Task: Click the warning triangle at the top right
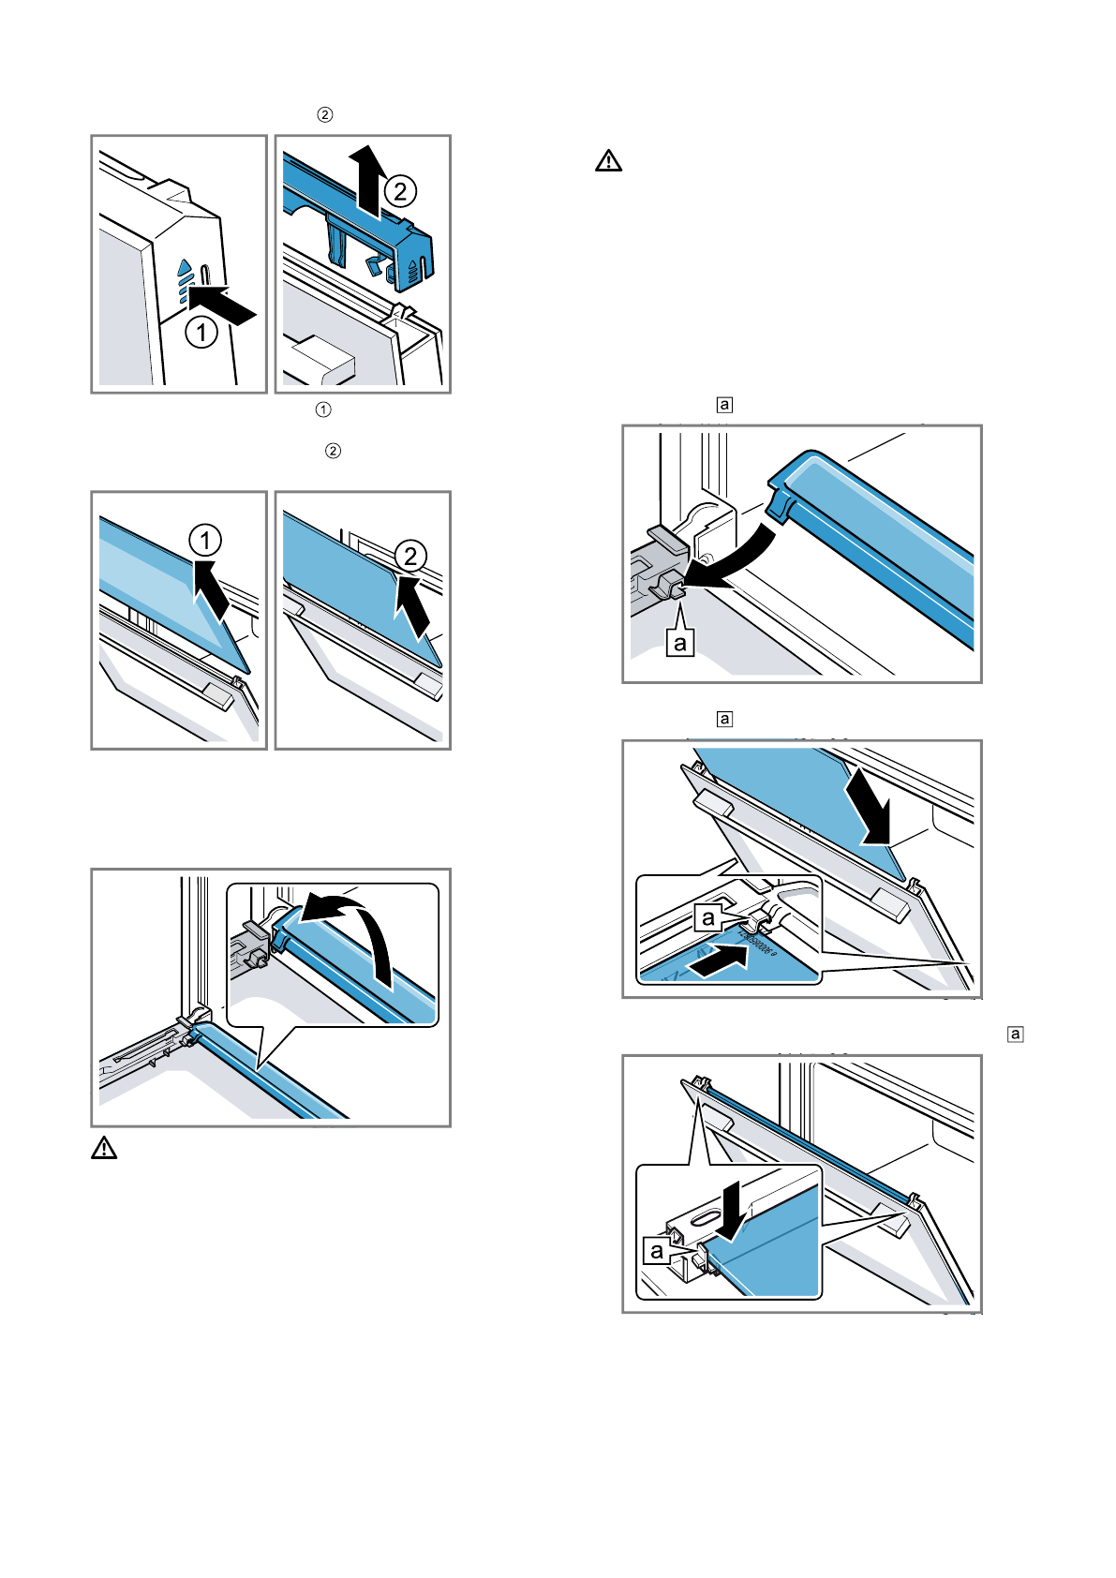tap(608, 161)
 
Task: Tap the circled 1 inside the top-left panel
tap(201, 332)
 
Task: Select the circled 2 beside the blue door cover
tap(400, 192)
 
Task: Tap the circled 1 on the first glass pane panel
tap(205, 541)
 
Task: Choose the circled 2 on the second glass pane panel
tap(410, 557)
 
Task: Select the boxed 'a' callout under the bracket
tap(680, 643)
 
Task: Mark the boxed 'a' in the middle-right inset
tap(708, 917)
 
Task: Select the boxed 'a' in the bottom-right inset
tap(657, 1250)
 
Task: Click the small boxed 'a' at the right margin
tap(1015, 1035)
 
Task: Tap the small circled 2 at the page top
tap(324, 115)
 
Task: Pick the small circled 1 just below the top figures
tap(323, 409)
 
